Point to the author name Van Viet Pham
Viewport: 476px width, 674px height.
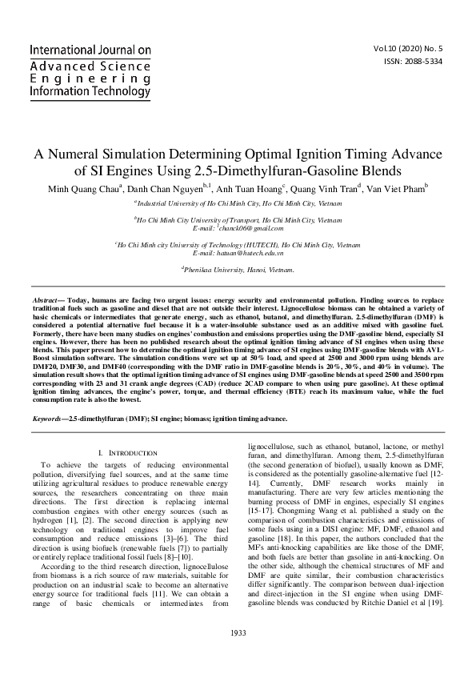pos(396,190)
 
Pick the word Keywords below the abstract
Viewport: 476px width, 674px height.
pos(50,419)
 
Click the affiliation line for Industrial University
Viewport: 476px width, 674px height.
pos(238,205)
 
